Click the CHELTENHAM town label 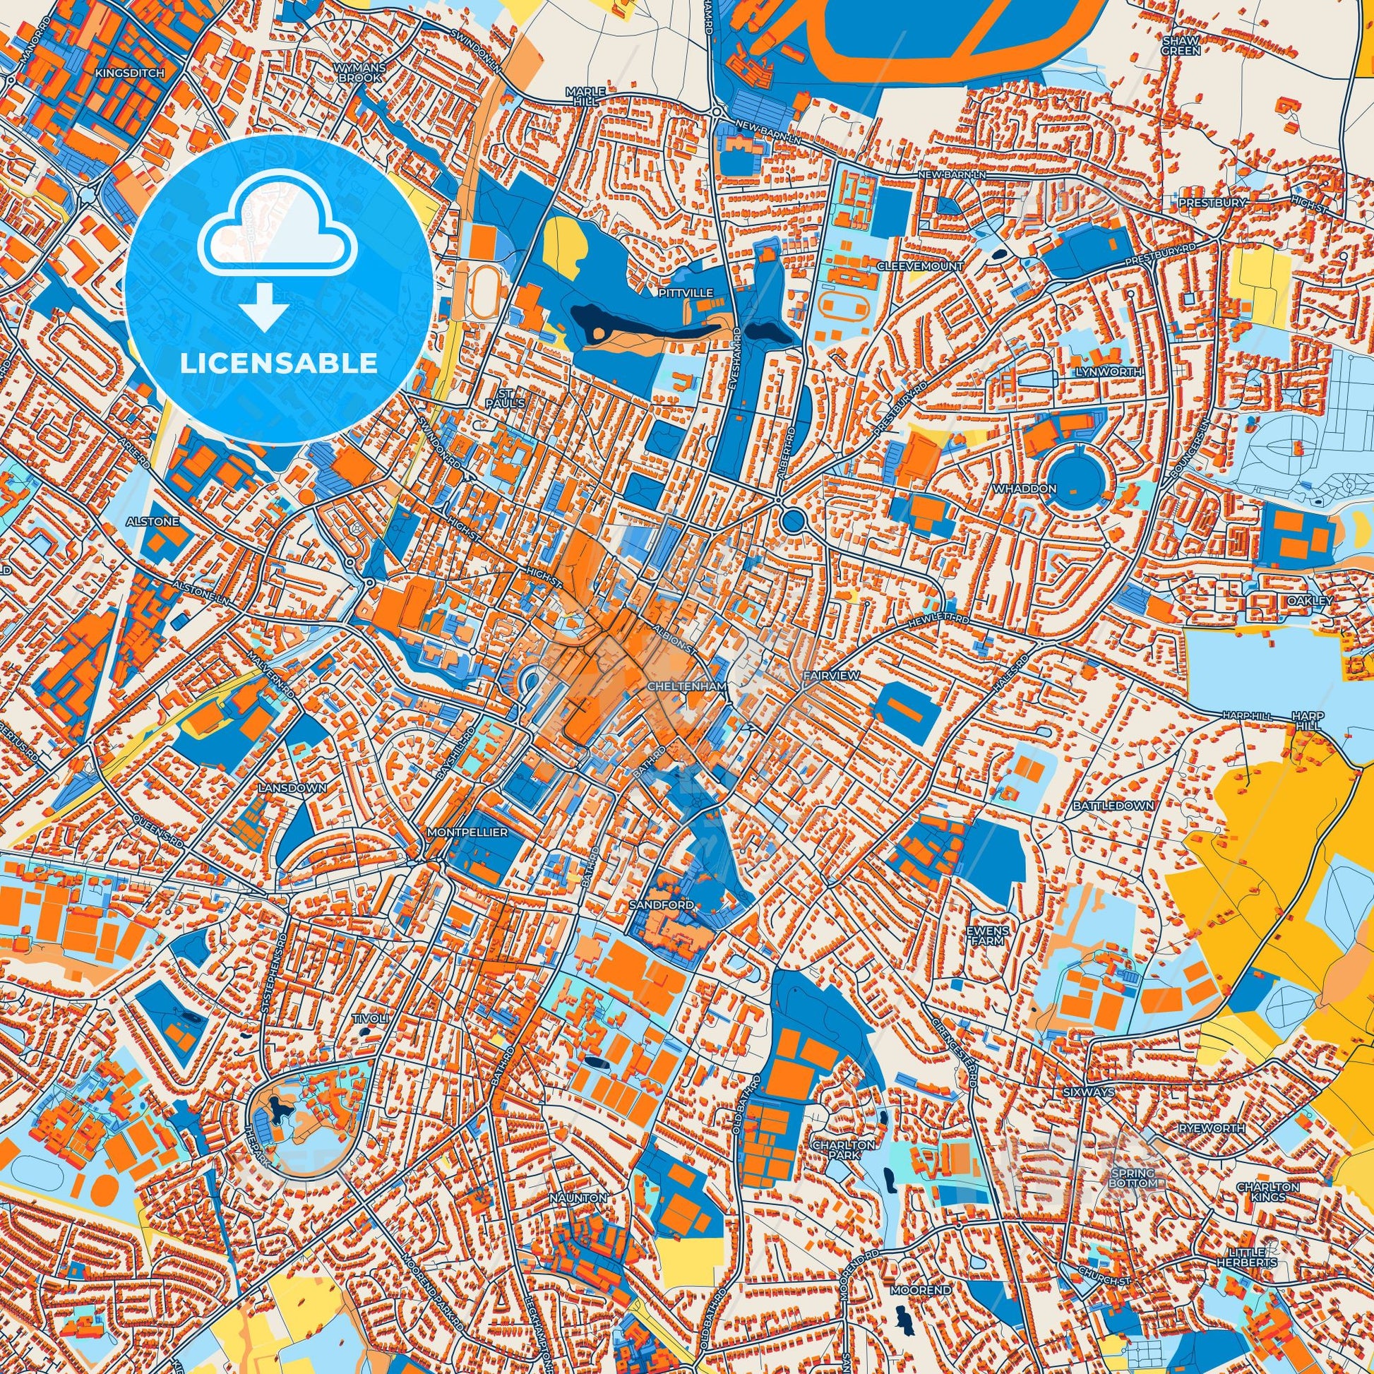[x=688, y=686]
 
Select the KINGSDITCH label [x=129, y=73]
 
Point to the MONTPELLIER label [x=467, y=831]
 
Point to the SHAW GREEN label [x=1181, y=46]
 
